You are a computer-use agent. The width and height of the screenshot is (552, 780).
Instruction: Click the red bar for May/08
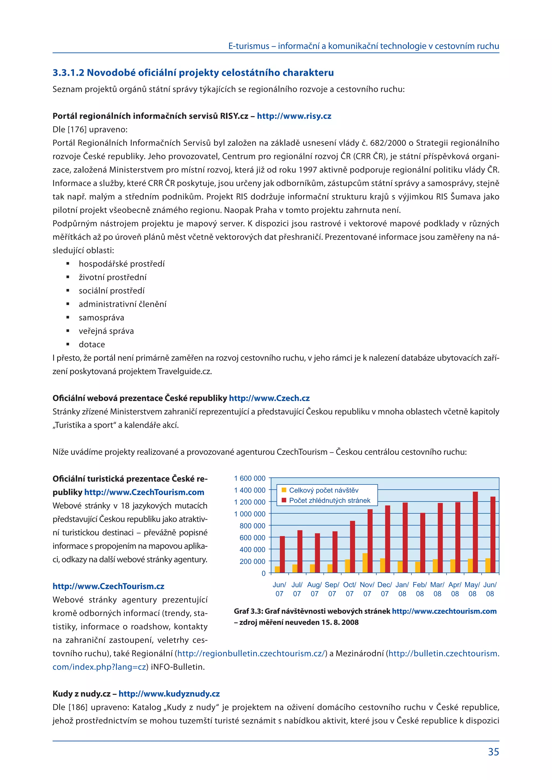coord(475,532)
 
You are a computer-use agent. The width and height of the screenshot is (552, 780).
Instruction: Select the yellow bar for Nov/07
coord(365,563)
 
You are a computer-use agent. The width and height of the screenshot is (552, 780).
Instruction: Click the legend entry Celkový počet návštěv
coord(323,490)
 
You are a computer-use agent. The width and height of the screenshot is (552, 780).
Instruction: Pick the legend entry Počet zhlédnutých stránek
coord(329,500)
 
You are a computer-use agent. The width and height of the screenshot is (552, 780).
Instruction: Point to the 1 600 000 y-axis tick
coord(250,478)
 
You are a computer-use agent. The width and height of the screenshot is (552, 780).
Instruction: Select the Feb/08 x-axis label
coord(420,589)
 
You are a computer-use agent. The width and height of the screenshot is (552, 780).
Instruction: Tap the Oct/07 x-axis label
coord(349,589)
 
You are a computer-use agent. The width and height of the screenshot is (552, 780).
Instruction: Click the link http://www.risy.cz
coord(294,116)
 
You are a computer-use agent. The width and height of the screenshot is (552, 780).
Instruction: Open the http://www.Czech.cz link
coord(269,398)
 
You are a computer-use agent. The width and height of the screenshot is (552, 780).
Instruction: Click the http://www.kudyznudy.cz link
coord(169,694)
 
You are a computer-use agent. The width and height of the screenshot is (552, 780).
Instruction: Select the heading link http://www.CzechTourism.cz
coord(108,586)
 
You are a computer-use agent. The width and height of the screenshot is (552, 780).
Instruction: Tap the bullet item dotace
coord(92,344)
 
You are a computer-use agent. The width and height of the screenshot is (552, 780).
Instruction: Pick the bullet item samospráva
coord(101,318)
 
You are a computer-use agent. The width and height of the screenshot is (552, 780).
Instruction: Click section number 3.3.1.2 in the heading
coord(68,73)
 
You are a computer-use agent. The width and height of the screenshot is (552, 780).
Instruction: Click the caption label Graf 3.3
coord(247,611)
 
